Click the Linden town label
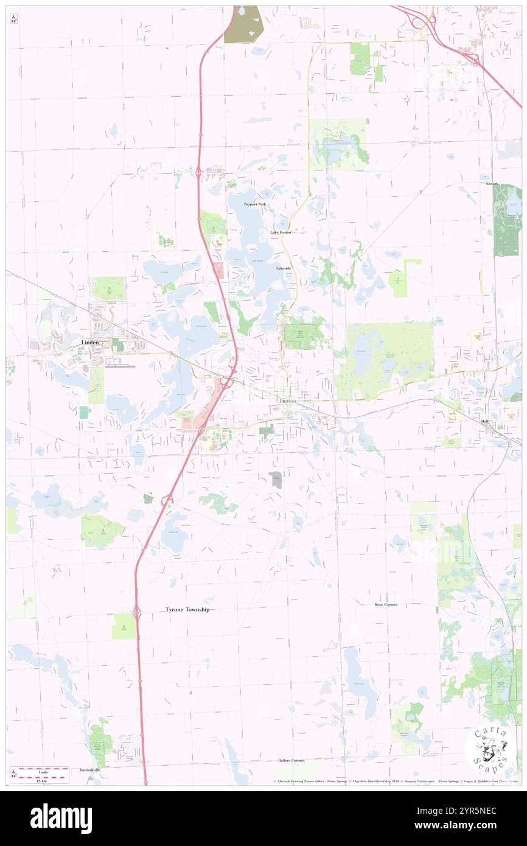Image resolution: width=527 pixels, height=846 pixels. tap(91, 343)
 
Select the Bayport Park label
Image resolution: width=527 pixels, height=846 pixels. tap(254, 204)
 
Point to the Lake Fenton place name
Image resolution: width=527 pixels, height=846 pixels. tap(281, 232)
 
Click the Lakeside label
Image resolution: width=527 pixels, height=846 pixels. tap(284, 268)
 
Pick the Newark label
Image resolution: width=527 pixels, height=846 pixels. tap(491, 183)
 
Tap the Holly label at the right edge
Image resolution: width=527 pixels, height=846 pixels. tap(485, 422)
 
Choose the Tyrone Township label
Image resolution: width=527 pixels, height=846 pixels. tap(187, 609)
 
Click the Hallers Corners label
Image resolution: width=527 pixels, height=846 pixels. tap(291, 761)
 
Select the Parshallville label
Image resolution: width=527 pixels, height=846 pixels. tap(89, 770)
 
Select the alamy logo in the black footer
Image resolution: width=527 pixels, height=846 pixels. tap(61, 819)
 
